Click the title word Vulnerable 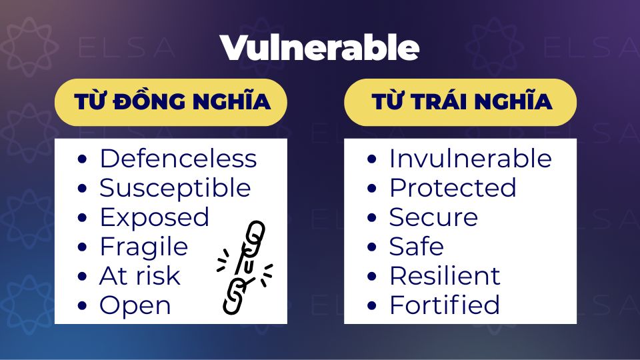[319, 48]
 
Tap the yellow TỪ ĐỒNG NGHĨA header [171, 102]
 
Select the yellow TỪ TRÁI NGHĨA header [461, 102]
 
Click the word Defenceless [179, 159]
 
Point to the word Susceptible [175, 189]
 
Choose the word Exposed [154, 218]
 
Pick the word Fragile [144, 247]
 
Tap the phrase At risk [139, 276]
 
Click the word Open [135, 306]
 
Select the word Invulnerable [471, 159]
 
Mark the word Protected [453, 188]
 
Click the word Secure [433, 217]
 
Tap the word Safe [416, 247]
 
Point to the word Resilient [445, 276]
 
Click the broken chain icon [245, 267]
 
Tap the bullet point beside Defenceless [82, 159]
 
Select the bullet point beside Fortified [371, 306]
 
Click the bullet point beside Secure [371, 218]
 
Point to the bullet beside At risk [82, 277]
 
